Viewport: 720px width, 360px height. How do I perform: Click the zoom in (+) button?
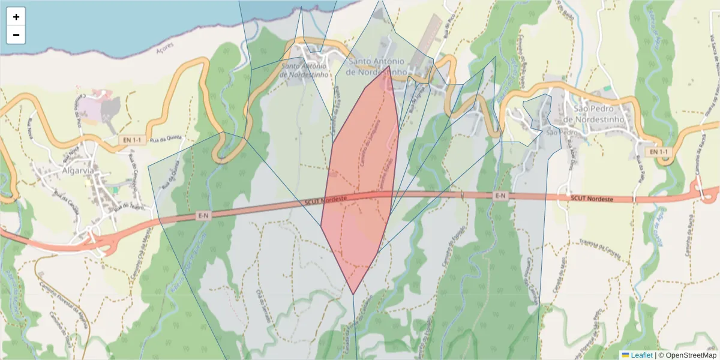click(x=16, y=17)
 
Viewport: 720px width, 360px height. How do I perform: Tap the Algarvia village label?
click(x=79, y=170)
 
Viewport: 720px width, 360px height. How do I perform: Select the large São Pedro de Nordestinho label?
click(x=599, y=114)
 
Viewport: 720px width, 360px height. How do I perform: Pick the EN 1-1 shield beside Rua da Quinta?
click(x=132, y=140)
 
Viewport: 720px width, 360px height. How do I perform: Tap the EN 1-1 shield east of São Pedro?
click(x=658, y=152)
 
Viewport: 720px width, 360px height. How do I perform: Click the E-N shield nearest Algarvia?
click(x=205, y=215)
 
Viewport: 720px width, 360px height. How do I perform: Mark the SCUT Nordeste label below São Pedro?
click(x=592, y=199)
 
